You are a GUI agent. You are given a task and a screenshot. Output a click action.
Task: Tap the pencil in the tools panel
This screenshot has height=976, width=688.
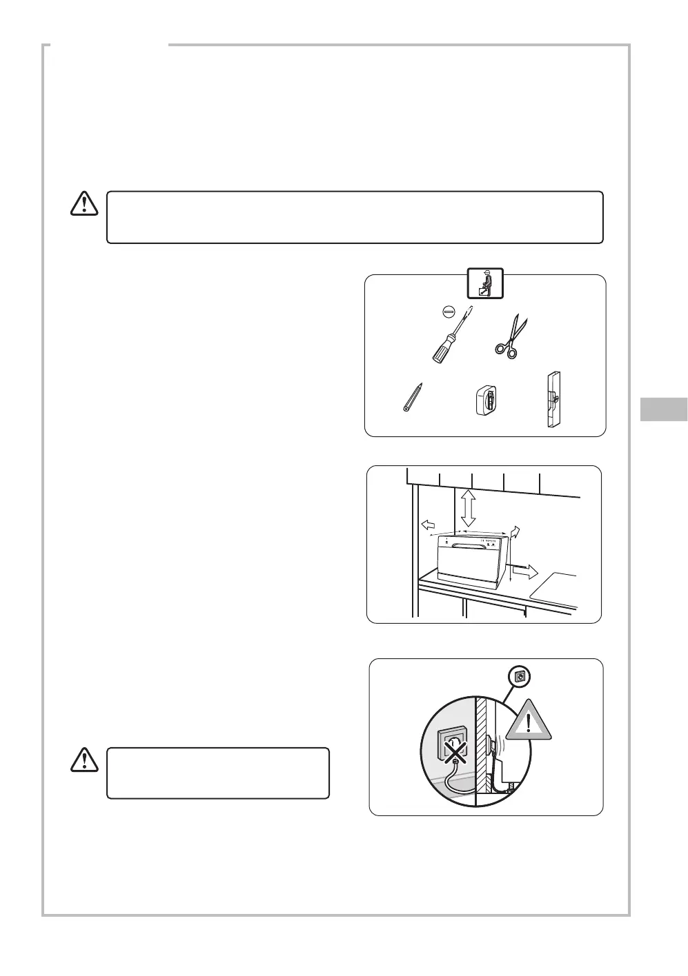pos(413,398)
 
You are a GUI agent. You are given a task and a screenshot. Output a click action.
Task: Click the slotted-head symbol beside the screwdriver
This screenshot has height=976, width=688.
pos(448,312)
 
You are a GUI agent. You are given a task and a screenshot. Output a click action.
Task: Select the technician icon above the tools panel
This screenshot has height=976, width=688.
pos(485,283)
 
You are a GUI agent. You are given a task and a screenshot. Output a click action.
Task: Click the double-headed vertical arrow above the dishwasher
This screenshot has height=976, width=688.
pos(469,507)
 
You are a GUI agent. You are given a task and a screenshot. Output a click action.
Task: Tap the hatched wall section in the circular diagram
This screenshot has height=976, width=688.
pos(482,744)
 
